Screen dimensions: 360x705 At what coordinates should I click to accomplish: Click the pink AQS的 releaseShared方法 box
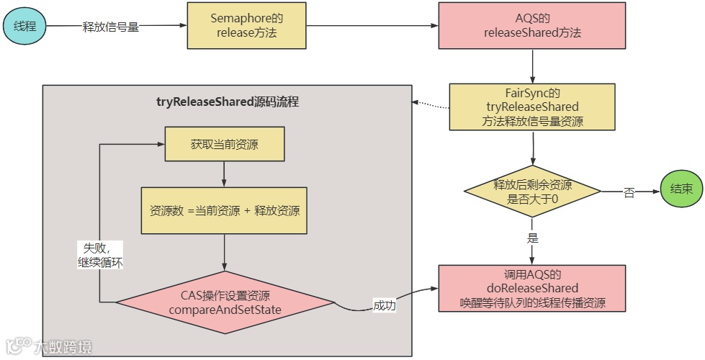pos(532,27)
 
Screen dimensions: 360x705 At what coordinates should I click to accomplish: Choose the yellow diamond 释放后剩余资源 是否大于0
pos(532,192)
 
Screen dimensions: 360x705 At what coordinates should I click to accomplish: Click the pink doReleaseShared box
pos(532,288)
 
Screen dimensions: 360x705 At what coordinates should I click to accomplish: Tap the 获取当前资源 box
pos(225,145)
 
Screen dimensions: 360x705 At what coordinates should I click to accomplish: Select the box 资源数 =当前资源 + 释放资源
pos(225,211)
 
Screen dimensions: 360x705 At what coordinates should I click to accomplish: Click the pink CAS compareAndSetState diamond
pos(225,302)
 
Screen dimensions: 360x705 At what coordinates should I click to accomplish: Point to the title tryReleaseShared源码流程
pos(228,102)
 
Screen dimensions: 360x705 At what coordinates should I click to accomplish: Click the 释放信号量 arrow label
pos(111,27)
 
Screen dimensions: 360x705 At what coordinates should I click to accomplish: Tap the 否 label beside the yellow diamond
pos(629,192)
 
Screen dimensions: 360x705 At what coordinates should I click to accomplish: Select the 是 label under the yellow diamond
pos(533,237)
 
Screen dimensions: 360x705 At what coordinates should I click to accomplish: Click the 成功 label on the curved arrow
pos(385,305)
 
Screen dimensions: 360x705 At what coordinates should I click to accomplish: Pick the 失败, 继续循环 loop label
pos(99,255)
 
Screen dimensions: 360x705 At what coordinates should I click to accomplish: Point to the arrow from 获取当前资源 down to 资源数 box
pos(225,175)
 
